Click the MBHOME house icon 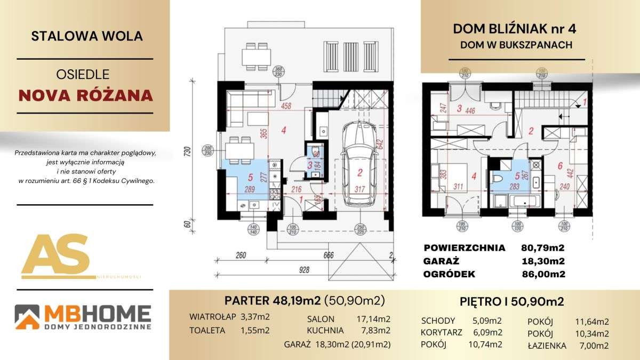[x=27, y=316]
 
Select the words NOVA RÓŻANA [x=85, y=95]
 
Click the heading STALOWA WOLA [x=87, y=36]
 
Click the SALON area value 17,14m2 [x=373, y=319]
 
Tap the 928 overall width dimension [x=303, y=270]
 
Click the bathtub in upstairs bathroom [x=525, y=202]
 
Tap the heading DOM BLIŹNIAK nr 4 [x=516, y=29]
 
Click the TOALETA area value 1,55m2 [x=255, y=330]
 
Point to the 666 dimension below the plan [x=329, y=255]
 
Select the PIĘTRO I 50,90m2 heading [x=511, y=302]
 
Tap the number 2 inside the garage [x=360, y=172]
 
